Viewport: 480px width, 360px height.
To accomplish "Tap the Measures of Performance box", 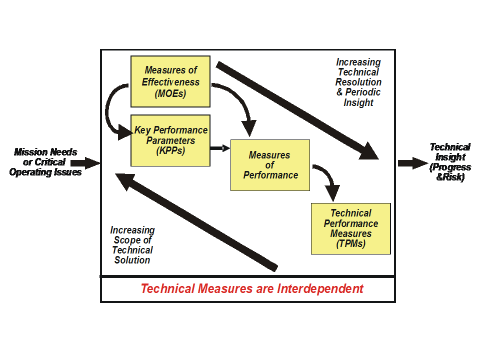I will click(x=270, y=165).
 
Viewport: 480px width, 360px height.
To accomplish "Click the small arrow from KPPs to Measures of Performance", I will click(x=220, y=148).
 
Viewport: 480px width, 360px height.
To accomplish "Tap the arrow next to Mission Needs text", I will click(x=86, y=162).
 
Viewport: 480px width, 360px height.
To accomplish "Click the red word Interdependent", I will click(x=320, y=289).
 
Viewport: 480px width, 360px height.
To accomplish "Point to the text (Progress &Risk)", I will click(x=450, y=172).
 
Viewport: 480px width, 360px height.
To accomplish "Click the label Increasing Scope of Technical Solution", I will click(x=132, y=245).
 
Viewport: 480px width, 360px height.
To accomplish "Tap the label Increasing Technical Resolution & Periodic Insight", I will click(x=358, y=82).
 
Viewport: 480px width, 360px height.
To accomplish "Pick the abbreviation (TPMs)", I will click(x=351, y=244).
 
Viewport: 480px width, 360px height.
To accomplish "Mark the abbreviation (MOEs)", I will click(x=171, y=93).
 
